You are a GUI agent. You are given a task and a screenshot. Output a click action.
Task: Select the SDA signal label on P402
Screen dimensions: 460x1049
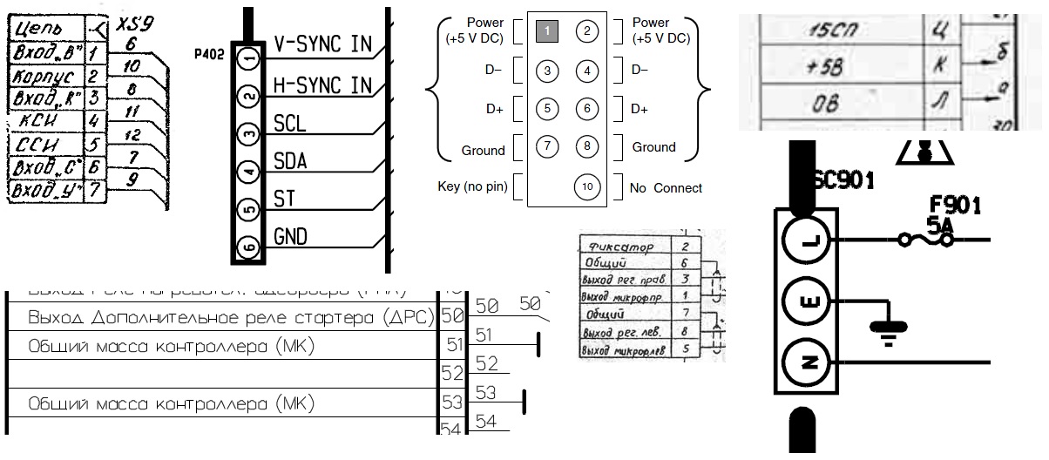click(290, 161)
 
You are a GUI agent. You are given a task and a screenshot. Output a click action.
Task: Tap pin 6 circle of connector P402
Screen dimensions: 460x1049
click(250, 247)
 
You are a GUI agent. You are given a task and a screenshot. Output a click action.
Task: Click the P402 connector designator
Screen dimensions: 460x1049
click(210, 53)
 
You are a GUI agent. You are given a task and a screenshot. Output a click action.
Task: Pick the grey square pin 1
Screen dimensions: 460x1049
click(546, 31)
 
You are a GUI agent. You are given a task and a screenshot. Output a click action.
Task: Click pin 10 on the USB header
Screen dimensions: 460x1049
click(587, 187)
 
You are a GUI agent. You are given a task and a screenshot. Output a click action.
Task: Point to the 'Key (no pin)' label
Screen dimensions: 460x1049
click(471, 187)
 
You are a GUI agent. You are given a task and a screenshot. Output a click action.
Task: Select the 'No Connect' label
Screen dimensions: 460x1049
click(666, 187)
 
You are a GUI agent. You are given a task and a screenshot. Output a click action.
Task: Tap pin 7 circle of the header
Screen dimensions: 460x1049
click(546, 146)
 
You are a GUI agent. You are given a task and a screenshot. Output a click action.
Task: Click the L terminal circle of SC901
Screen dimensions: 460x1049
click(805, 238)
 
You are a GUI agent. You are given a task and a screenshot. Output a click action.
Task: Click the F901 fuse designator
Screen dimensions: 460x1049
click(955, 206)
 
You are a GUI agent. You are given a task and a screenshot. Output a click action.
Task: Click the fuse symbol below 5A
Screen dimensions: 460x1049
click(922, 240)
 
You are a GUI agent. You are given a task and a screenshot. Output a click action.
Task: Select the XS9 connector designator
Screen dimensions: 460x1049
click(131, 25)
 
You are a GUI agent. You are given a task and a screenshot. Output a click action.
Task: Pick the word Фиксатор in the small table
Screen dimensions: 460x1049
click(622, 247)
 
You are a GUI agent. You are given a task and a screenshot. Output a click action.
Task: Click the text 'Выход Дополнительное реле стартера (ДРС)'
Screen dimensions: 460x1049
click(231, 316)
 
